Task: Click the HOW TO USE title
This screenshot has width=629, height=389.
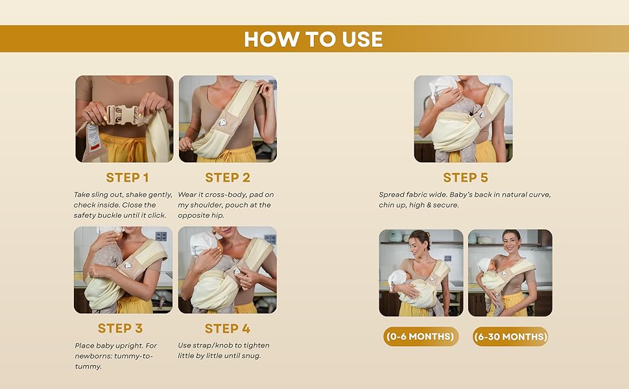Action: coord(313,40)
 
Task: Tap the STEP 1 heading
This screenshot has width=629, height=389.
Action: coord(128,178)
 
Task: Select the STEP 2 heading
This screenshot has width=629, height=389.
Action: coord(228,178)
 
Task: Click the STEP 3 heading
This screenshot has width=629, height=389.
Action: coord(120,329)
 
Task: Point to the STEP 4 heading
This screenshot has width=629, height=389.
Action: coord(228,329)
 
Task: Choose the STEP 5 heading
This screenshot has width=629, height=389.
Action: coord(466,178)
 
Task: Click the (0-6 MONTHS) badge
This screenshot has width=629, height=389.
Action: coord(421,337)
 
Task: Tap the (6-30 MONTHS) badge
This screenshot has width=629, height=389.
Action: coord(510,337)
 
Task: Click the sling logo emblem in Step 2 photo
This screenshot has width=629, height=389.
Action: coord(222,123)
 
